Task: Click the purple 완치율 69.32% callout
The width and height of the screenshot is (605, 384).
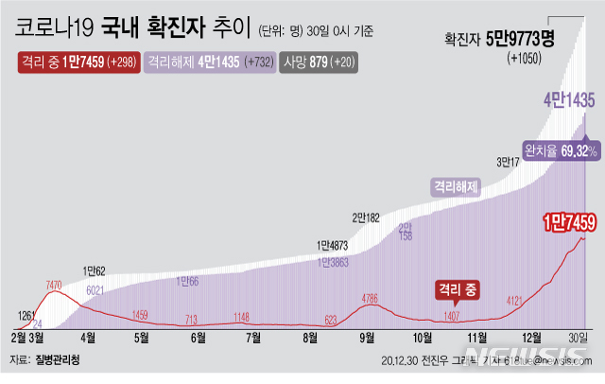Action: pyautogui.click(x=562, y=150)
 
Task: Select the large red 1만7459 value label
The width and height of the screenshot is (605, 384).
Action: pyautogui.click(x=568, y=222)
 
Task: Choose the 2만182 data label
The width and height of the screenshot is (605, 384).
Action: pyautogui.click(x=366, y=218)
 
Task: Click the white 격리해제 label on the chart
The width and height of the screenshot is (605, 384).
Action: pyautogui.click(x=455, y=186)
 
